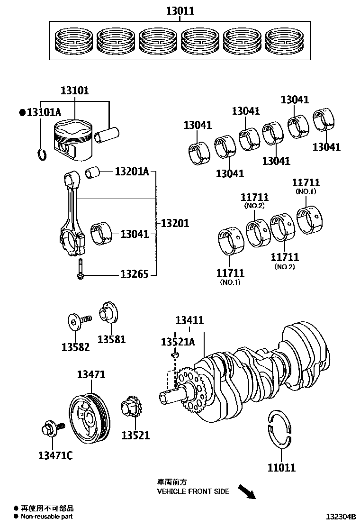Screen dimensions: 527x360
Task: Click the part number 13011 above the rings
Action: [x=180, y=10]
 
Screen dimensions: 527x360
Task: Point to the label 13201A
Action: [x=132, y=171]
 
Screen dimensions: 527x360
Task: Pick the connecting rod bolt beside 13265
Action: [x=80, y=270]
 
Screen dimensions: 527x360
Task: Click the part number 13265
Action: [x=134, y=274]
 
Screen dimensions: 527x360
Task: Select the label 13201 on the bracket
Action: [x=175, y=223]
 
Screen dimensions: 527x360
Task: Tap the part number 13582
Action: [x=75, y=347]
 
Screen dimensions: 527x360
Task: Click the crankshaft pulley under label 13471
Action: [x=89, y=416]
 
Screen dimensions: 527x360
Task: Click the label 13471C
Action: [x=55, y=456]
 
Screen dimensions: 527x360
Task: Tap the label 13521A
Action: [x=178, y=342]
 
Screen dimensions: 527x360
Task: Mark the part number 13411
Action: [x=189, y=320]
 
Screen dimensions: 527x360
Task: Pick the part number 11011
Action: [x=281, y=467]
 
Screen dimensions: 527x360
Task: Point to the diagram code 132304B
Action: [x=340, y=516]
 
